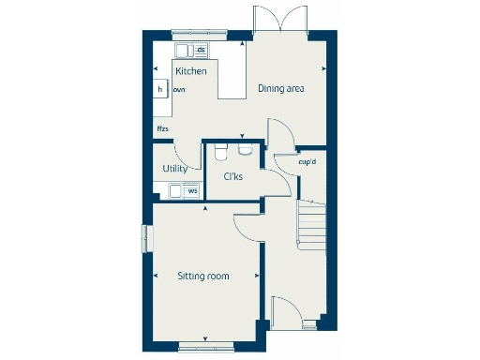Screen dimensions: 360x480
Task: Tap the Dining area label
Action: pos(284,89)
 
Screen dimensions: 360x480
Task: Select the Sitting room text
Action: pos(203,276)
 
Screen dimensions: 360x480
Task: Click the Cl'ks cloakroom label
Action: pos(232,176)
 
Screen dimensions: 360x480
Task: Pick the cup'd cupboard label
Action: pos(307,161)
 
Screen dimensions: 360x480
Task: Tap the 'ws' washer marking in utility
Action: pos(192,191)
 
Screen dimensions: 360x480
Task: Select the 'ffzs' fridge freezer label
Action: pos(162,129)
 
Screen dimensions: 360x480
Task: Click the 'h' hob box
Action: pos(160,88)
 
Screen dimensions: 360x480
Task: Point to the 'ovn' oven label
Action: pos(179,89)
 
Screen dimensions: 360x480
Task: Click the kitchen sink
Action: pos(180,50)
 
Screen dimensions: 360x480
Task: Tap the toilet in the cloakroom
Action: pos(220,151)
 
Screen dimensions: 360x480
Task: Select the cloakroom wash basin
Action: pos(246,148)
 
